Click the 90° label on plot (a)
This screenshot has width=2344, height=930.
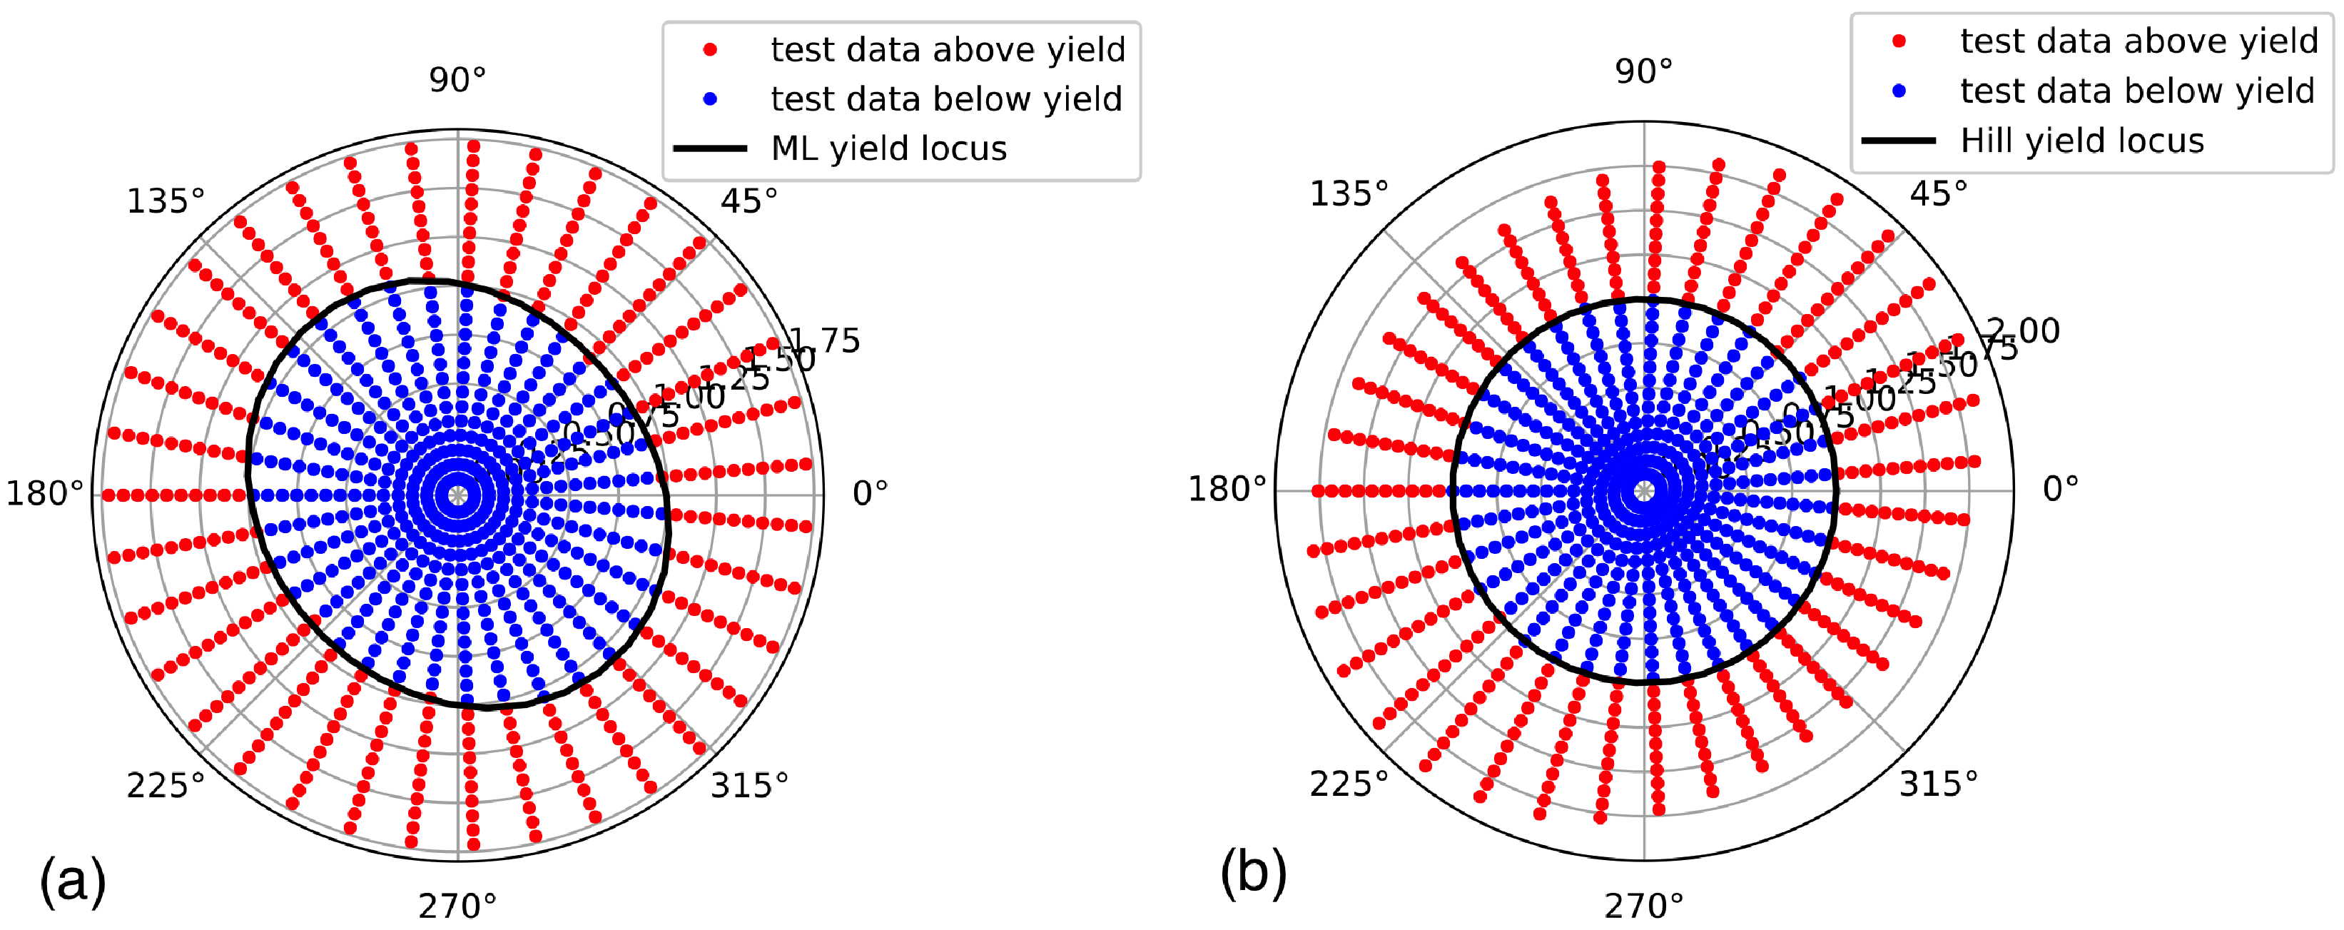point(457,80)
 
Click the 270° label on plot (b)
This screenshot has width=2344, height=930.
point(1643,906)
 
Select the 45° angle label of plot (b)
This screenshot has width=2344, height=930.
point(1938,194)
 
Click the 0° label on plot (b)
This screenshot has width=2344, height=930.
point(2060,489)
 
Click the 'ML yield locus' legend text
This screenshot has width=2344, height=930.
point(888,148)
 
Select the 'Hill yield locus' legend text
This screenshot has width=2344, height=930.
point(2082,141)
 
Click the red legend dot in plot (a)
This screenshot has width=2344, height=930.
point(711,49)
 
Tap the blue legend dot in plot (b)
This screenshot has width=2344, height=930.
point(1899,91)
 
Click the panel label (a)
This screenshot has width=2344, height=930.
point(73,881)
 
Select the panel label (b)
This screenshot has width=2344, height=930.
point(1253,873)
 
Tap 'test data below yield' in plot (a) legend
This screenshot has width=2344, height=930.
point(946,99)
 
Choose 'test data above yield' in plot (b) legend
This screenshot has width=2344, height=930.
point(2138,41)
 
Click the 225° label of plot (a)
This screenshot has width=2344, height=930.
point(166,784)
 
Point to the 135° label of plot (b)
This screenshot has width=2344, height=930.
point(1349,194)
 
